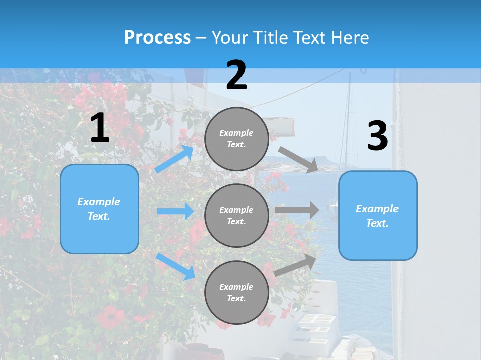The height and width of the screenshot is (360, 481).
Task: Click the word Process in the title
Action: tap(157, 37)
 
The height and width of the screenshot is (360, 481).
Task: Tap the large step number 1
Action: tap(100, 128)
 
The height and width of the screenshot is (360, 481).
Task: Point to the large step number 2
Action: tap(236, 75)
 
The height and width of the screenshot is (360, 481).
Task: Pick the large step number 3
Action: tap(377, 136)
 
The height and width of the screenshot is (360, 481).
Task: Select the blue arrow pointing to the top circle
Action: tap(174, 159)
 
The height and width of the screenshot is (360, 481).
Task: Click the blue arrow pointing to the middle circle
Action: tap(175, 211)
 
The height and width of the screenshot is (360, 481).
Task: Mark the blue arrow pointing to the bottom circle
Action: tap(176, 266)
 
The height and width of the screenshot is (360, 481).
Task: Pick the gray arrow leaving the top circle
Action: tap(298, 159)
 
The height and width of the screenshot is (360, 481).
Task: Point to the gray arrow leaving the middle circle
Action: tap(297, 210)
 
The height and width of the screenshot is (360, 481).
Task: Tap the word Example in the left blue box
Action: tap(99, 202)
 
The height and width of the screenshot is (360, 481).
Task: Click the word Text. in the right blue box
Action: tap(377, 223)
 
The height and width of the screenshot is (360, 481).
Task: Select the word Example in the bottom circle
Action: tap(236, 287)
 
